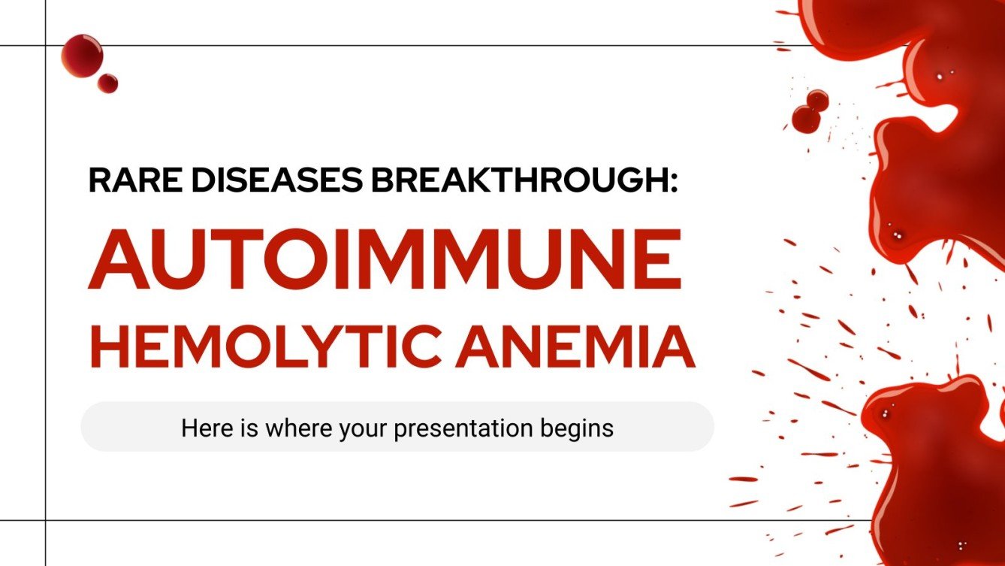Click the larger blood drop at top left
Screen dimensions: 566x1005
click(81, 55)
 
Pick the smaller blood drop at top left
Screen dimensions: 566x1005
click(107, 83)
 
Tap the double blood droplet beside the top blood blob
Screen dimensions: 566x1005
click(810, 111)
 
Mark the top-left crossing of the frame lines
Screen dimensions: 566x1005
click(46, 46)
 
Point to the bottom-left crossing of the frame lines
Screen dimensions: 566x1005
click(46, 519)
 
